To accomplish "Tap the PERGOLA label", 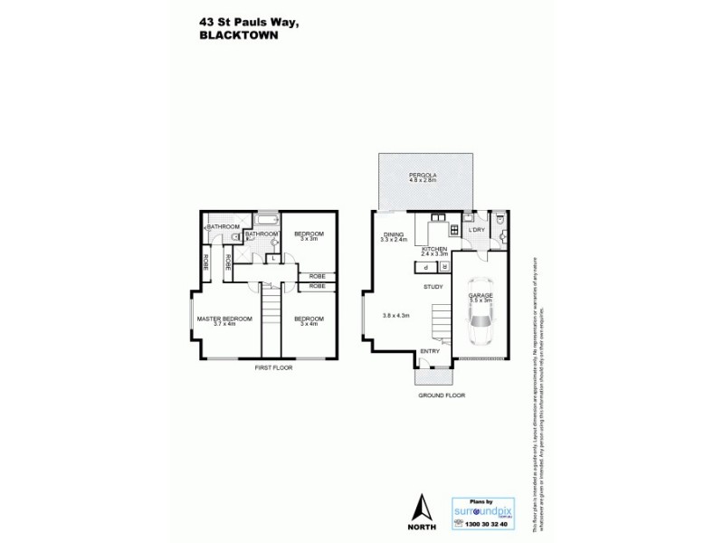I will (x=421, y=174).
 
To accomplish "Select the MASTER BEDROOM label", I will (x=225, y=319).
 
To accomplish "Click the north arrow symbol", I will (x=421, y=510).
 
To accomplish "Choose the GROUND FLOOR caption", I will (x=441, y=396).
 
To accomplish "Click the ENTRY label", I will (x=430, y=351).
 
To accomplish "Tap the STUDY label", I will (x=433, y=287).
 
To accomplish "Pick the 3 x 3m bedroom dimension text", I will (x=308, y=239).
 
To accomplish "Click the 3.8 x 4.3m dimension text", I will (x=396, y=315).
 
